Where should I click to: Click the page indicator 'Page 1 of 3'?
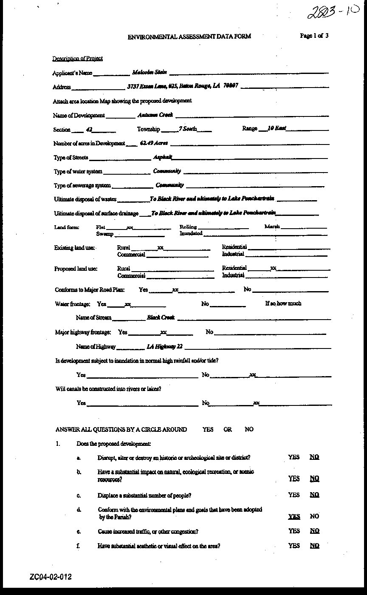(x=314, y=36)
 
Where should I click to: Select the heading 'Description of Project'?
(x=77, y=58)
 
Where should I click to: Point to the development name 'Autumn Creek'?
(x=155, y=115)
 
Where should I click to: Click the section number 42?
(x=89, y=129)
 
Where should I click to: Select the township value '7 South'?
(x=188, y=128)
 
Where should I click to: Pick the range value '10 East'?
(x=277, y=128)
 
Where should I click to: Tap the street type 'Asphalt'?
(x=162, y=157)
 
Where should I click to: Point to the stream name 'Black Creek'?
(x=161, y=317)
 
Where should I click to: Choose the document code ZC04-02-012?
(x=51, y=577)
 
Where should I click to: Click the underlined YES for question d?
(x=294, y=516)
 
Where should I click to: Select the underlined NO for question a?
(x=314, y=457)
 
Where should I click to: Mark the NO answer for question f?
(x=314, y=546)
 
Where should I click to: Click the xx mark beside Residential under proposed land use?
(x=274, y=268)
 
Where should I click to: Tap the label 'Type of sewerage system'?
(x=82, y=185)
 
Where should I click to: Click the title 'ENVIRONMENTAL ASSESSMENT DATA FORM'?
(x=189, y=37)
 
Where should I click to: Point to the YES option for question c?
(x=294, y=495)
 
